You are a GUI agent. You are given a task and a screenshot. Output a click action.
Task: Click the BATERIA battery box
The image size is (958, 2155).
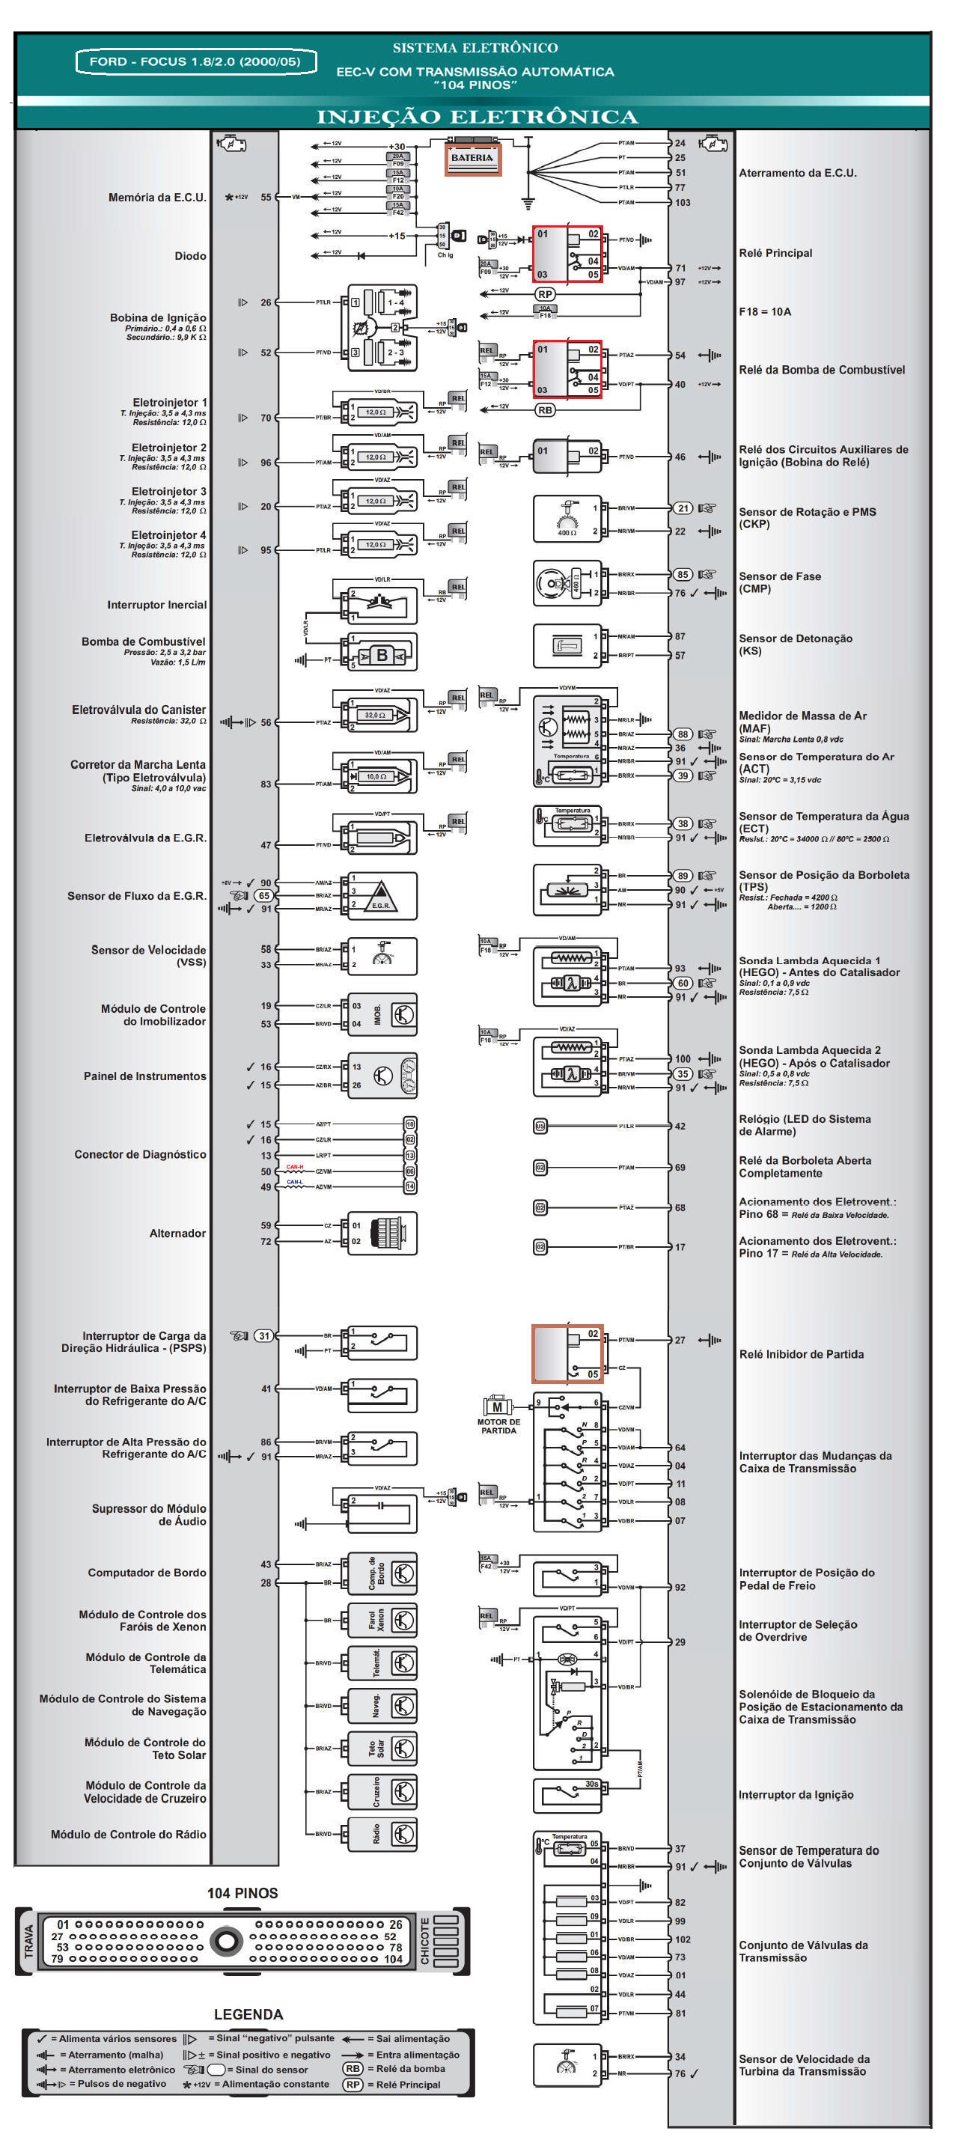[x=473, y=158]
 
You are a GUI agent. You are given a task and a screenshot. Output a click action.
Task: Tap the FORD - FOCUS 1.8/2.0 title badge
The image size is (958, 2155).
[x=196, y=62]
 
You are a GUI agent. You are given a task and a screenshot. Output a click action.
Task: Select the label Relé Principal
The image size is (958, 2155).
[x=775, y=254]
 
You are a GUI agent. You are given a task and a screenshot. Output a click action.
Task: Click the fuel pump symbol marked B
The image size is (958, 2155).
[x=382, y=655]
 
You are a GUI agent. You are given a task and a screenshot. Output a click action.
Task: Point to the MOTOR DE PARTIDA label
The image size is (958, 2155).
[x=498, y=1425]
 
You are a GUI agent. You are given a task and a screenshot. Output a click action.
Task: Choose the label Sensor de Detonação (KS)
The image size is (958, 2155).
[x=795, y=644]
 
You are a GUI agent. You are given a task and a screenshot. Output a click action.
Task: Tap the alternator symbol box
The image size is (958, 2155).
[x=382, y=1234]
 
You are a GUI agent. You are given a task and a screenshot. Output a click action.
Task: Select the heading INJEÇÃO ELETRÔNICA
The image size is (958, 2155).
[x=476, y=117]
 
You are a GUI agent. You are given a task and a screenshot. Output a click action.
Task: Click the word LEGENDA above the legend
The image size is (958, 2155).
[x=248, y=2014]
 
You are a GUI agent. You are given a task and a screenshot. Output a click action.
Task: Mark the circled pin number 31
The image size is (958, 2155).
[x=263, y=1336]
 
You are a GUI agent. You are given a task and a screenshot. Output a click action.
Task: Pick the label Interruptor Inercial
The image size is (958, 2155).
[x=156, y=605]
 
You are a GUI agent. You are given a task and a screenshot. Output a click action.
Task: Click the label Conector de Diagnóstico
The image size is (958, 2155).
[x=140, y=1154]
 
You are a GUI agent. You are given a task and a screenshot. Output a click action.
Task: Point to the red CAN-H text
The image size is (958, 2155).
[x=295, y=1166]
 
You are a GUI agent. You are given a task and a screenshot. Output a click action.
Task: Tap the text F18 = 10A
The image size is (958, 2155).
[x=765, y=312]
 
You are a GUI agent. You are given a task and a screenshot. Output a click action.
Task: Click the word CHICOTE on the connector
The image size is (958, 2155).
[x=425, y=1940]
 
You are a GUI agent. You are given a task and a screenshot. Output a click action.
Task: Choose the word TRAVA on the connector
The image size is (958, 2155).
[x=28, y=1941]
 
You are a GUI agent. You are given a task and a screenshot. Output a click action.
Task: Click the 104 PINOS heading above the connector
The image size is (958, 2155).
[x=242, y=1893]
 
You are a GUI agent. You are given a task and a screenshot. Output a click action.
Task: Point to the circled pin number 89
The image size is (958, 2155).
[x=683, y=876]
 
